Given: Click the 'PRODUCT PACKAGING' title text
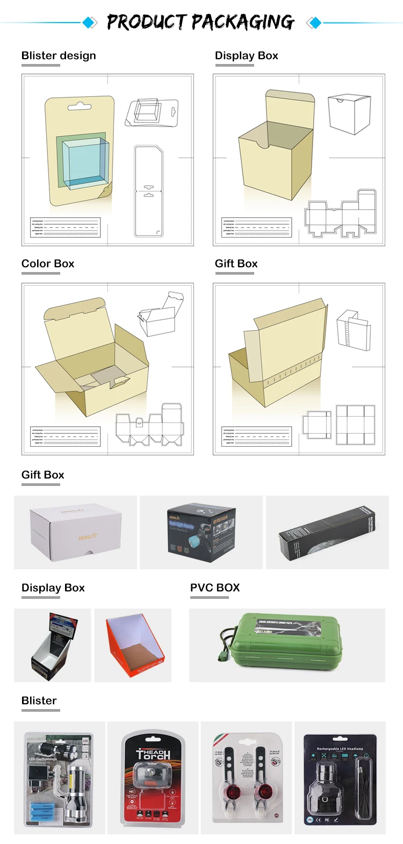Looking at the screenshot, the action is click(x=200, y=22).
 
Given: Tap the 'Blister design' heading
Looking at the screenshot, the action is click(x=59, y=55).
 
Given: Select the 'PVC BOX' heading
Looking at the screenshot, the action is click(x=215, y=588).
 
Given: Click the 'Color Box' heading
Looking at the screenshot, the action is click(x=48, y=263).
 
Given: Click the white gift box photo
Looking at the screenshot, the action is click(x=75, y=532).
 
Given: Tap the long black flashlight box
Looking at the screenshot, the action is click(x=327, y=532).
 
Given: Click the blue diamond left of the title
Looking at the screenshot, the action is click(x=90, y=23).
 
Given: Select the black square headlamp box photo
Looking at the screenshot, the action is click(x=201, y=532).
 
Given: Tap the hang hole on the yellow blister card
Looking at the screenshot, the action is click(x=80, y=105).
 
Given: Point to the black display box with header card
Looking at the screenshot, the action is click(x=53, y=645).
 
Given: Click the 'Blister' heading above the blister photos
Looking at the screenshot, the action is click(x=39, y=700).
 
